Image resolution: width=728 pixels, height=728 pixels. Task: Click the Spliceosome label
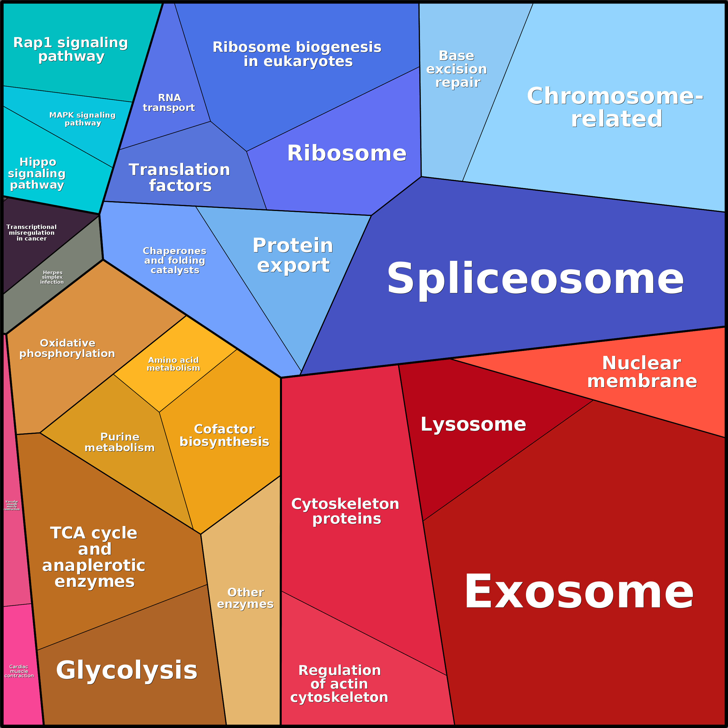[x=535, y=279]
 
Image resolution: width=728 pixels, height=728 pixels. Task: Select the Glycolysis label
[x=127, y=670]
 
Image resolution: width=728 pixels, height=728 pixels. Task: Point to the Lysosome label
[x=473, y=424]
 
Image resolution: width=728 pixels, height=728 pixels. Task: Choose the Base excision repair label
[x=457, y=69]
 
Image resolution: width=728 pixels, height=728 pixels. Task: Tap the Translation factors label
[x=180, y=177]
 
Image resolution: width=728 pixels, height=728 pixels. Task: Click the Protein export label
[x=293, y=255]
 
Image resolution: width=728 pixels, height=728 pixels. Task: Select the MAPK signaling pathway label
[x=83, y=119]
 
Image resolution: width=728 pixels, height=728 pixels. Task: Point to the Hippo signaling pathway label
[x=37, y=173]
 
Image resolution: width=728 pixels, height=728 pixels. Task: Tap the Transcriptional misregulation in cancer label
[x=32, y=232]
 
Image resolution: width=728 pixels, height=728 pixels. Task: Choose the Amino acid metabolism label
[x=173, y=364]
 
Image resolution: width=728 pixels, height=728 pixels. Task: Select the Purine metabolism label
[x=120, y=442]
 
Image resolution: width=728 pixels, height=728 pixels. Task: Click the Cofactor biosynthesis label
[x=224, y=435]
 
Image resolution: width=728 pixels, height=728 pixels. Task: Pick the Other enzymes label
[x=245, y=598]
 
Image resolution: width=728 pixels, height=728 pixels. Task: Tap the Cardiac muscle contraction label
[x=19, y=671]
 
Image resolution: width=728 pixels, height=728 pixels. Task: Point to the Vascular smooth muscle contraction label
[x=12, y=505]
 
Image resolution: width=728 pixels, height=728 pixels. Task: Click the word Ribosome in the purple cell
[x=347, y=153]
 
